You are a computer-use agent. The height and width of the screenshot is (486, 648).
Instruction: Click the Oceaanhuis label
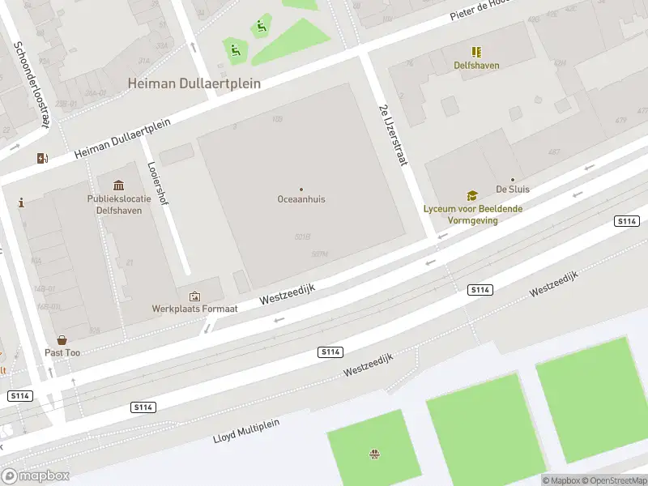coord(301,199)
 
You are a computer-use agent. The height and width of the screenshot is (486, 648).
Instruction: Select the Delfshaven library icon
coord(476,52)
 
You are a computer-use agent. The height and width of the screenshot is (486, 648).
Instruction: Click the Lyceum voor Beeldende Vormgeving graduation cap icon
coord(471,195)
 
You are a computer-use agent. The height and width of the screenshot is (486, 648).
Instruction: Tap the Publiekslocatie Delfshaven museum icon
coord(119,186)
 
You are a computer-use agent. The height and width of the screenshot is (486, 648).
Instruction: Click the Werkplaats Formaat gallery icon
coord(194,296)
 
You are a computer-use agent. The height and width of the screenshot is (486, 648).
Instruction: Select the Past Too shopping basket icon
coord(62,340)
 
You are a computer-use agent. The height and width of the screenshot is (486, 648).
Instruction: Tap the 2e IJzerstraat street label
coord(391,136)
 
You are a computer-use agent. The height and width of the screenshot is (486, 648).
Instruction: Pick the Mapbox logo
coord(36,476)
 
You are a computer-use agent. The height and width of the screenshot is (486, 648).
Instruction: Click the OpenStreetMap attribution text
coord(613,480)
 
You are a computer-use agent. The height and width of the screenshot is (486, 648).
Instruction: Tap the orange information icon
coord(21,202)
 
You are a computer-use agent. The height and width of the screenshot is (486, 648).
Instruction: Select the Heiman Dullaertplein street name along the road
coord(123,139)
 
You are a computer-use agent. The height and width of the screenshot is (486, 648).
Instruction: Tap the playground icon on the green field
coord(374,454)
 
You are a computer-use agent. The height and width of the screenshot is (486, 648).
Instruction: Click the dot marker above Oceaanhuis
coord(301,189)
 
